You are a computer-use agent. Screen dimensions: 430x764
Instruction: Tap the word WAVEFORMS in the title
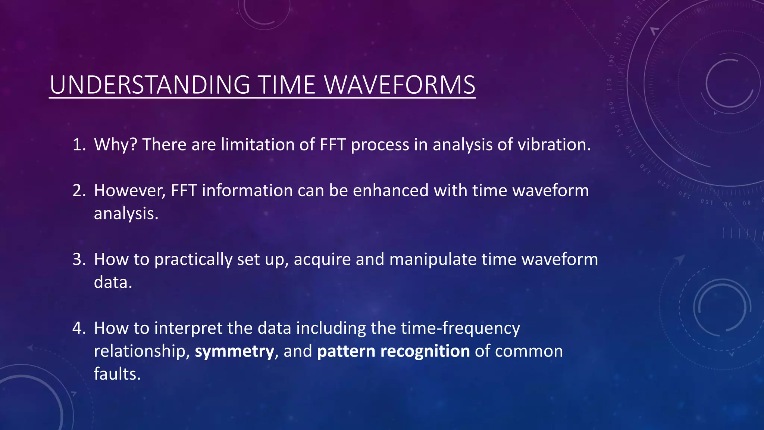pos(400,85)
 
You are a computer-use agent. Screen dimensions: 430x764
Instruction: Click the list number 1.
pos(79,145)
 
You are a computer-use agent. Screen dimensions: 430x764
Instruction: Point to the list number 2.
pos(79,191)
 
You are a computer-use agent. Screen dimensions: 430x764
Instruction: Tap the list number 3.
pos(79,259)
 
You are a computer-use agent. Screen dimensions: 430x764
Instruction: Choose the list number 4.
pos(79,328)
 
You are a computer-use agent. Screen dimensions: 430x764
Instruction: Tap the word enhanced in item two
pos(391,191)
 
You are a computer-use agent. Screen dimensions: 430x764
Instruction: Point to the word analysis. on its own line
pos(126,214)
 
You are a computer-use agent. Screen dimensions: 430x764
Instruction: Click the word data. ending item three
pos(113,283)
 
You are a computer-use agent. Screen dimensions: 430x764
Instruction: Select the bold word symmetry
pos(234,352)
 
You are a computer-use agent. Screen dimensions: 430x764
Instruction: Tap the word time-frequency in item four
pos(460,328)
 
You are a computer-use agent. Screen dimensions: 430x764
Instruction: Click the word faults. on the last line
pos(117,374)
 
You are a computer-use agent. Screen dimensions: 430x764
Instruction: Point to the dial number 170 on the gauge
pos(609,84)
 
